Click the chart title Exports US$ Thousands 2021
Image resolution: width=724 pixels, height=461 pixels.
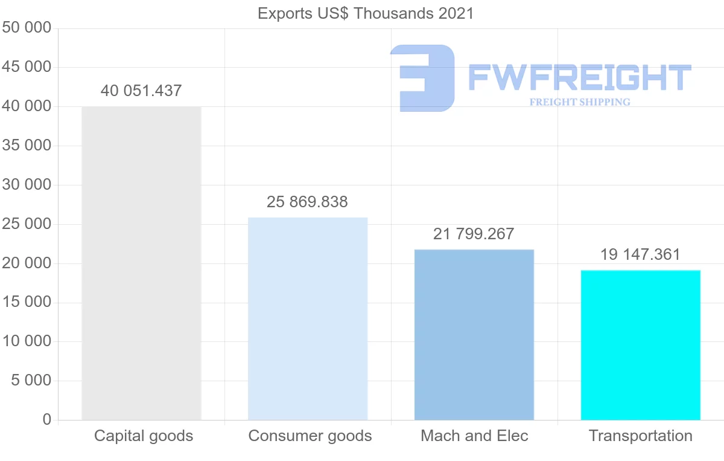pos(366,13)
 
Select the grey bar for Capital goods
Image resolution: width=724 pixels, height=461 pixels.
pos(141,263)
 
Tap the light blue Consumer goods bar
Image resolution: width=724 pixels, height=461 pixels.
pos(308,318)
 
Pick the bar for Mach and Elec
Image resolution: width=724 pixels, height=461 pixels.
pos(474,334)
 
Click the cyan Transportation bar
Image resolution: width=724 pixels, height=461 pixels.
pos(640,344)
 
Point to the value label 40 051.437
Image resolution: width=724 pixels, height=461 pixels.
pos(141,91)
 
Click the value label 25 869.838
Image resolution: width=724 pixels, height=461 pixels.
pos(307,202)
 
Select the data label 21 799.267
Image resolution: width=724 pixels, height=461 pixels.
pos(474,234)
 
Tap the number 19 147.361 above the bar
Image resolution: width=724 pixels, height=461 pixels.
pos(640,254)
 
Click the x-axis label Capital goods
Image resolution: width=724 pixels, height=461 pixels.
pos(144,436)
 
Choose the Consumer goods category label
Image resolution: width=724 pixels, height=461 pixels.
pos(310,436)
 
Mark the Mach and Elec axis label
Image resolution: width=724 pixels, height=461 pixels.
pos(474,436)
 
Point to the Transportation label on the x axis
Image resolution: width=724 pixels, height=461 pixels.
pos(641,436)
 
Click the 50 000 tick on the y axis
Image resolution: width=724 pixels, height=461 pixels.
pos(27,28)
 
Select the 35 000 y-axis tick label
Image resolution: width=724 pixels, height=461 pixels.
pos(27,146)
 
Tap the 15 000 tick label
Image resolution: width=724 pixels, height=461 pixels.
pos(27,302)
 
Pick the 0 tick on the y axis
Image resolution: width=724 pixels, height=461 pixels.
pos(47,419)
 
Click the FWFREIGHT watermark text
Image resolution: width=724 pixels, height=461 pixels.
pos(579,78)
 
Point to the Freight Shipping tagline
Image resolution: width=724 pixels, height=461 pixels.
pos(580,102)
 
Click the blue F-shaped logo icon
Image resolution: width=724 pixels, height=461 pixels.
pos(422,78)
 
